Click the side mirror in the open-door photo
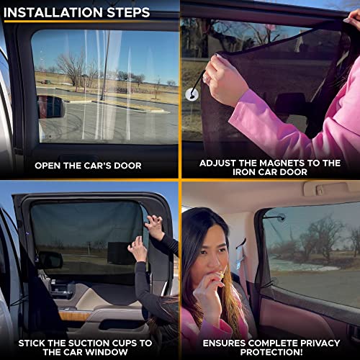click(x=50, y=107)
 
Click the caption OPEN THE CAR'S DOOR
click(x=88, y=165)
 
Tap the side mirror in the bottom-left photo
click(x=49, y=259)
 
